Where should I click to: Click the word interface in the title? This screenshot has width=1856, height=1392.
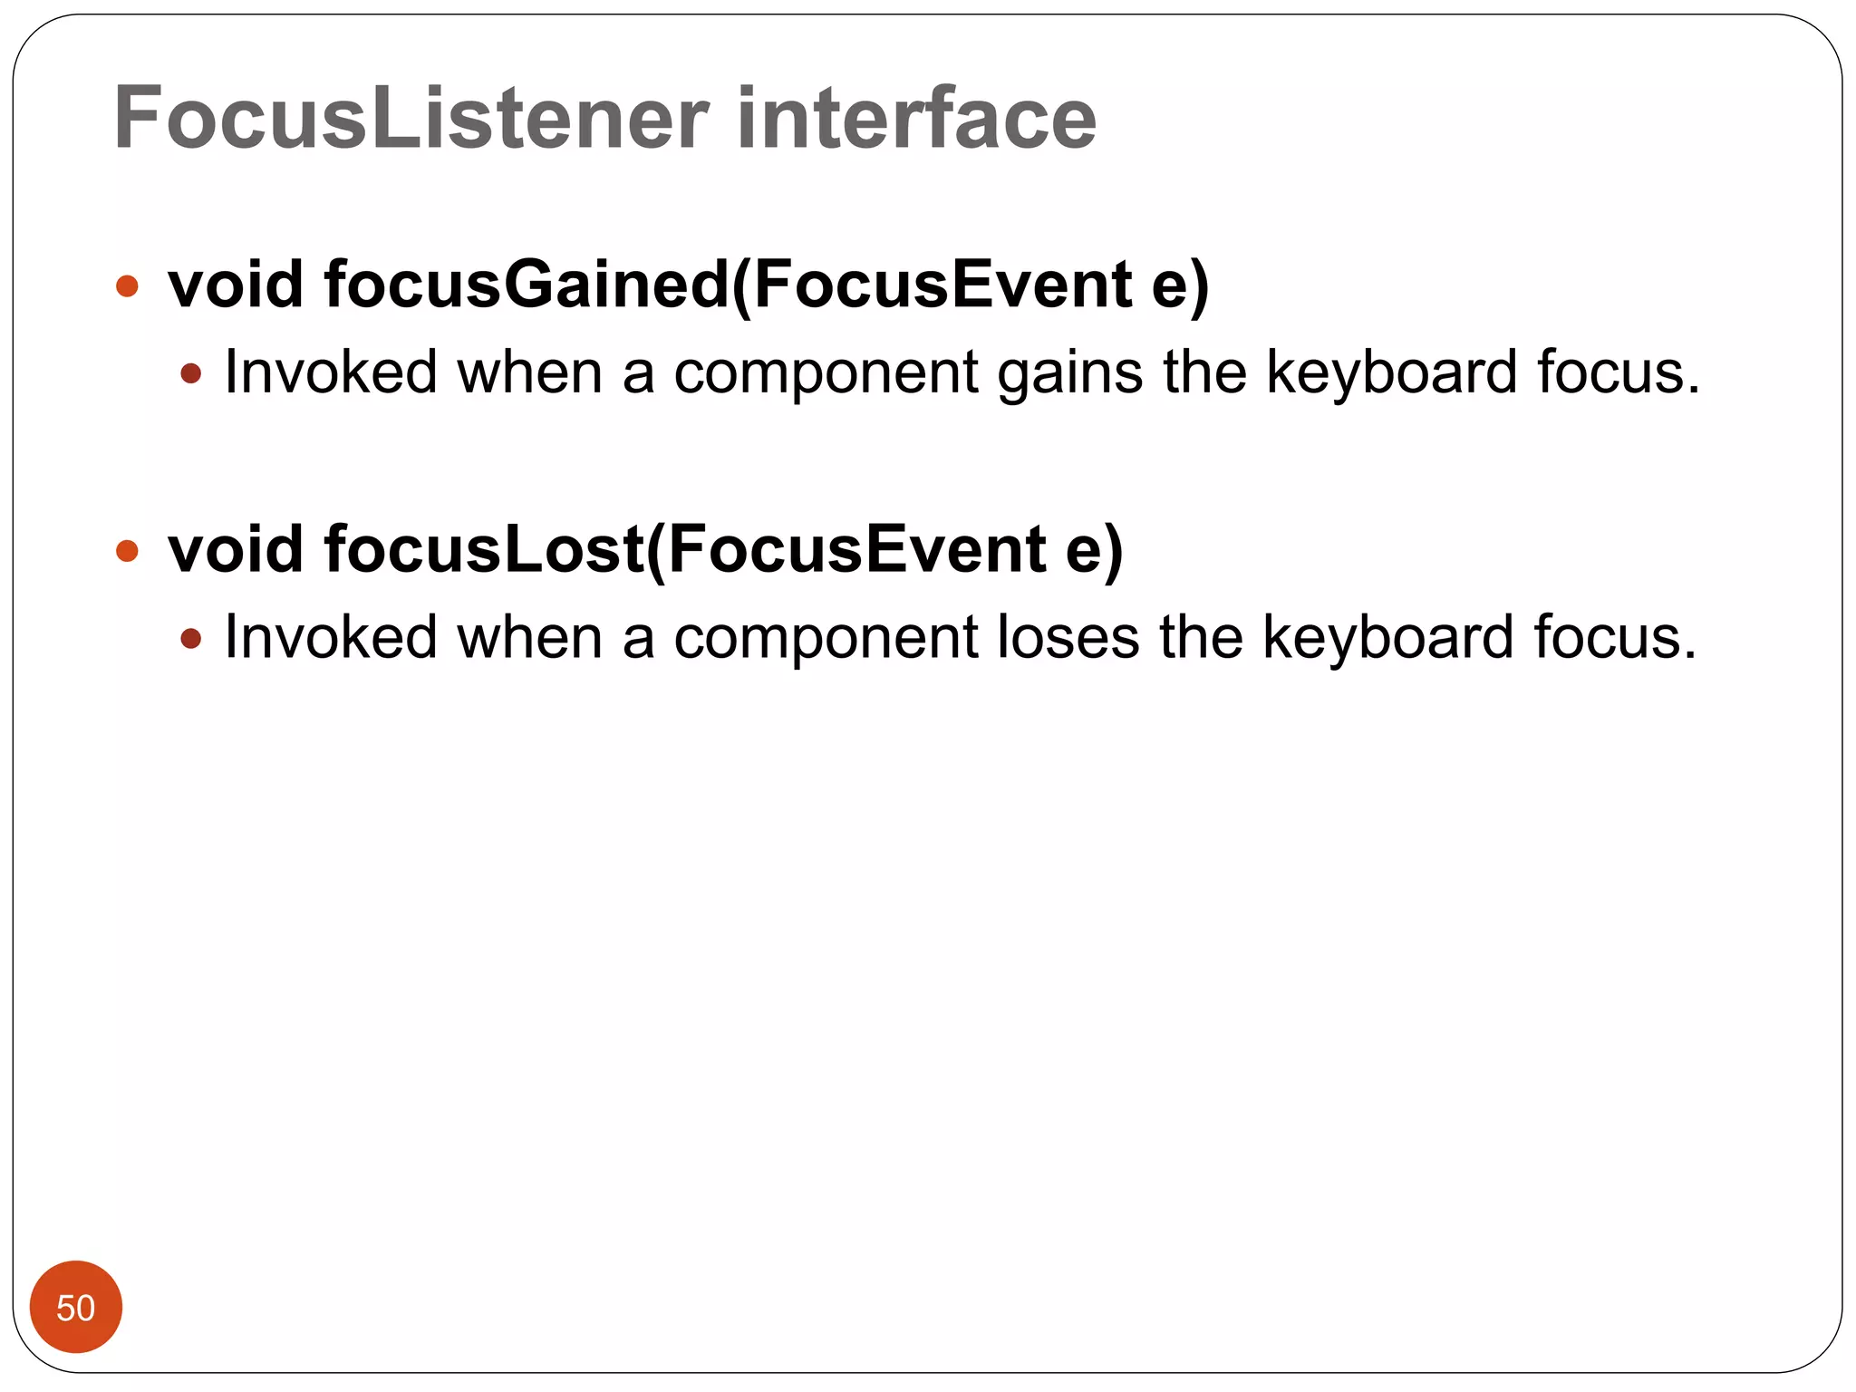click(916, 119)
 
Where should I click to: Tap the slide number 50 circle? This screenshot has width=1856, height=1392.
click(76, 1307)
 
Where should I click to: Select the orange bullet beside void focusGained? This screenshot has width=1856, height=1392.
click(128, 286)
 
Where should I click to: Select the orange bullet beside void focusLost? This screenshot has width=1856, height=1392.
click(128, 551)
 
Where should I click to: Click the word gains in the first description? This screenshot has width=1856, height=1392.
click(1069, 373)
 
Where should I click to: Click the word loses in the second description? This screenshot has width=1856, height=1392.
click(1068, 637)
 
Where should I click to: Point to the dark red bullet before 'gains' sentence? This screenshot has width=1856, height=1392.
click(190, 373)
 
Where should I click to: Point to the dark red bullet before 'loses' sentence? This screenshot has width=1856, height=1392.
click(190, 639)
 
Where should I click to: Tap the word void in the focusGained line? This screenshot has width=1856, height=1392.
click(236, 285)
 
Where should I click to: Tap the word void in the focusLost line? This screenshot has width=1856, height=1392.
click(236, 550)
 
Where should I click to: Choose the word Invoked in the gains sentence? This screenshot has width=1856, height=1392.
click(331, 372)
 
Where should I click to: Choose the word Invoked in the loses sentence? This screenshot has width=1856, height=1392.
click(331, 637)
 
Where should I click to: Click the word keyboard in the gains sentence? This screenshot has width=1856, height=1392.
click(1391, 372)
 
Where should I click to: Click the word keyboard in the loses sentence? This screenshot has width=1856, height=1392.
click(1387, 637)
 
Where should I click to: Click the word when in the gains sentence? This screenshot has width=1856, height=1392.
click(530, 372)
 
